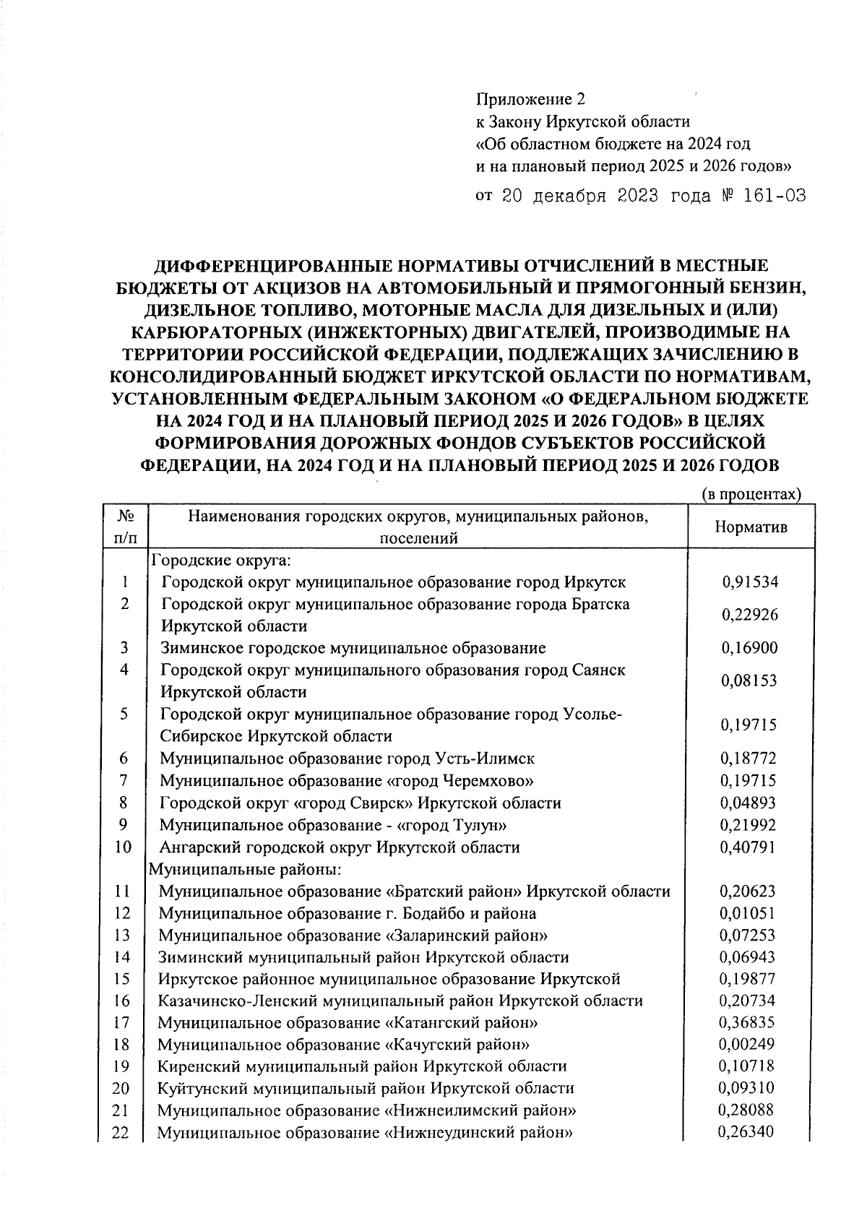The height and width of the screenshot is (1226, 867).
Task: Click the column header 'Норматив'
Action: pyautogui.click(x=751, y=527)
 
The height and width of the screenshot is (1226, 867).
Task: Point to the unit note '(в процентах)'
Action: pyautogui.click(x=752, y=494)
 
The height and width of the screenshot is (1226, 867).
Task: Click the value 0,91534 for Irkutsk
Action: pyautogui.click(x=750, y=582)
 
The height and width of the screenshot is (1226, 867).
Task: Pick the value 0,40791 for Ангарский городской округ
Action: pyautogui.click(x=748, y=847)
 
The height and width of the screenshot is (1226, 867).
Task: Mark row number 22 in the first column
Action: pyautogui.click(x=121, y=1132)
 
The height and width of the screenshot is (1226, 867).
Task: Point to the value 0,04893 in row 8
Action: pyautogui.click(x=748, y=803)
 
